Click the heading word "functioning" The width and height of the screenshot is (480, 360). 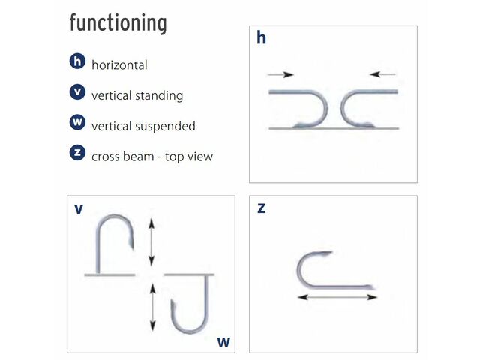118,23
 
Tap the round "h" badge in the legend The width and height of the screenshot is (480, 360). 76,63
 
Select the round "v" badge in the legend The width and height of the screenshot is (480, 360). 76,93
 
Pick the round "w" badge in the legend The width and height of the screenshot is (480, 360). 76,123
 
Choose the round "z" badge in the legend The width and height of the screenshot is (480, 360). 76,154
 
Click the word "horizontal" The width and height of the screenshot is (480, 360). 119,65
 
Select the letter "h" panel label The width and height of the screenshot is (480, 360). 261,38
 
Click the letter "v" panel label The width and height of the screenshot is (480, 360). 79,209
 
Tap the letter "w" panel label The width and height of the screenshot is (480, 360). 223,342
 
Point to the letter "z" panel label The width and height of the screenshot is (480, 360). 261,208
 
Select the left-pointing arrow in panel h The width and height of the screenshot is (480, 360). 384,74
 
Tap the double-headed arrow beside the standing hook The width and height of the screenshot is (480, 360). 151,241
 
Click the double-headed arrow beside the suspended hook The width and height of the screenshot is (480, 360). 153,307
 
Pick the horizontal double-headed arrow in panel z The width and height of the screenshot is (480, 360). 337,298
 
